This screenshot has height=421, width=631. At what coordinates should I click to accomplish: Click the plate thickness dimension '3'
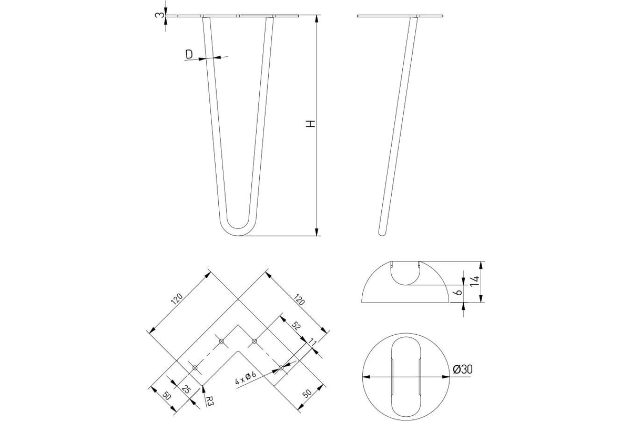pyautogui.click(x=159, y=15)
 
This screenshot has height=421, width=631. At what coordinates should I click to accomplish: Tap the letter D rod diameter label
pyautogui.click(x=189, y=54)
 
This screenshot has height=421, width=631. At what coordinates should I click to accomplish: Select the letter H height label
pyautogui.click(x=311, y=124)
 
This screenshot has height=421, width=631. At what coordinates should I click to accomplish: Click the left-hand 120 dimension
pyautogui.click(x=177, y=299)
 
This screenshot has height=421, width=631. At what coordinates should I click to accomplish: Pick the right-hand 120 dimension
pyautogui.click(x=299, y=299)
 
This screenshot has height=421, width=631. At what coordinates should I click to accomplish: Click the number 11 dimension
pyautogui.click(x=312, y=343)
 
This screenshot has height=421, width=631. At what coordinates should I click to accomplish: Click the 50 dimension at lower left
pyautogui.click(x=166, y=396)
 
